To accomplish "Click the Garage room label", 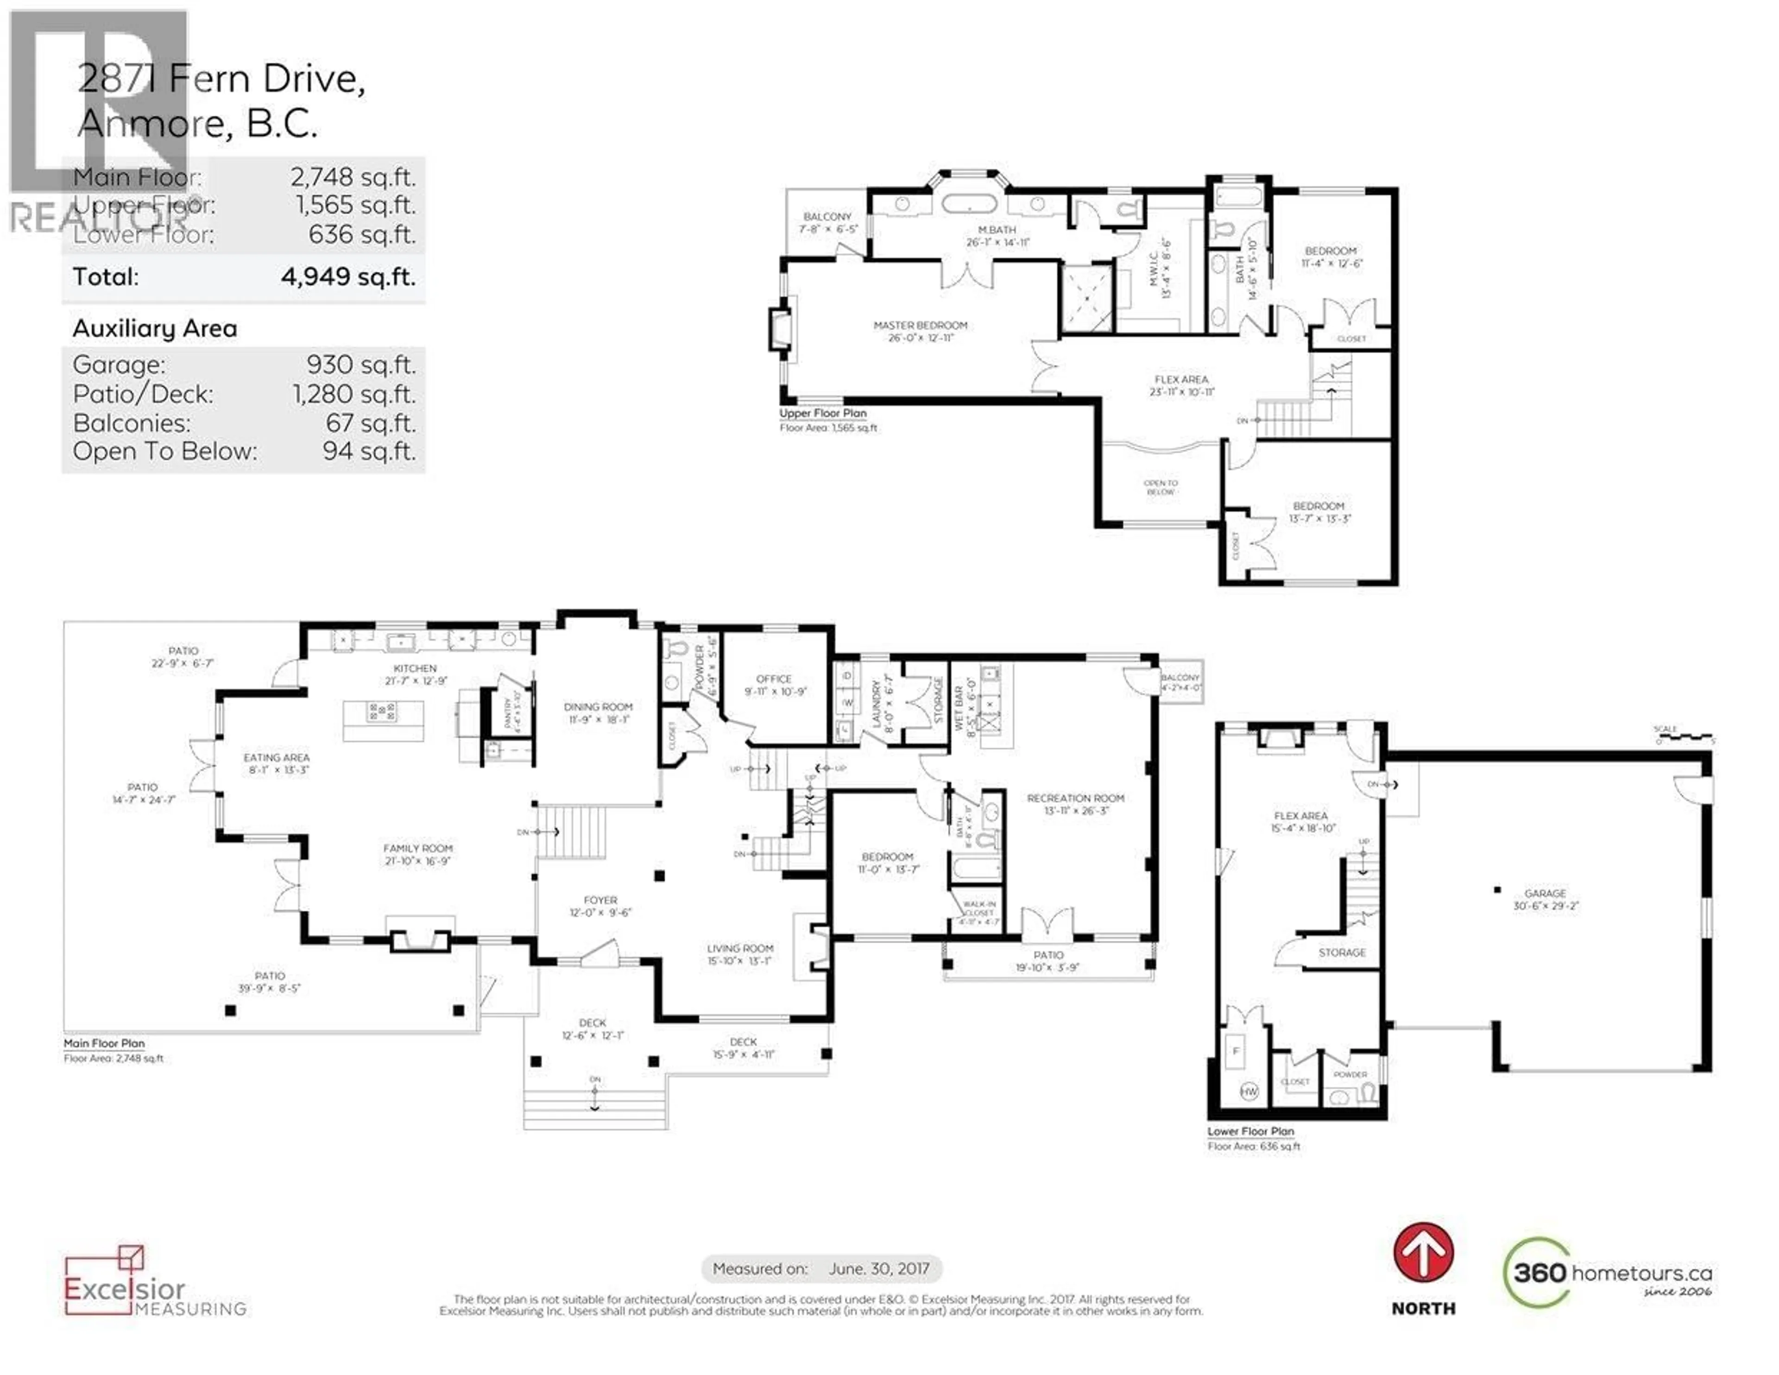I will coord(1545,894).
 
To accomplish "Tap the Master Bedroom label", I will coord(921,325).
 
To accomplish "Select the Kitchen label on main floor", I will coord(416,668).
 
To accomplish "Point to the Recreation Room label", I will coord(1075,798).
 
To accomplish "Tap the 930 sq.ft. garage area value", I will coord(361,365).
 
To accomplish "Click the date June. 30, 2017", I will coord(879,1268).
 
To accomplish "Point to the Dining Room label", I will coord(598,707).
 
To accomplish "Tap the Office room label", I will coord(774,679).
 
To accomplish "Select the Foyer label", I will coord(600,900).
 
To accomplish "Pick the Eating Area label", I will coord(277,757).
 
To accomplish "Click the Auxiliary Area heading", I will coord(155,328).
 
